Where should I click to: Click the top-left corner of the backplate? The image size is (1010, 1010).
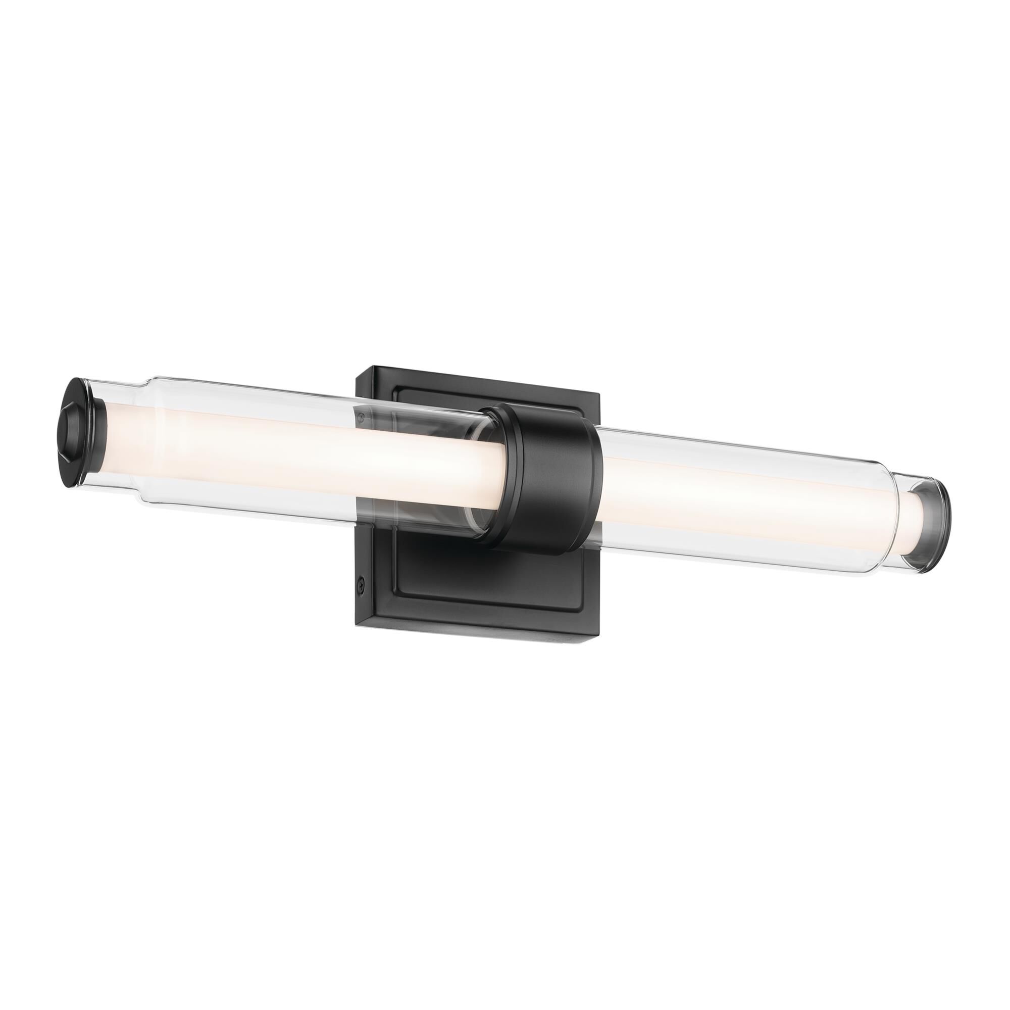point(357,370)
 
